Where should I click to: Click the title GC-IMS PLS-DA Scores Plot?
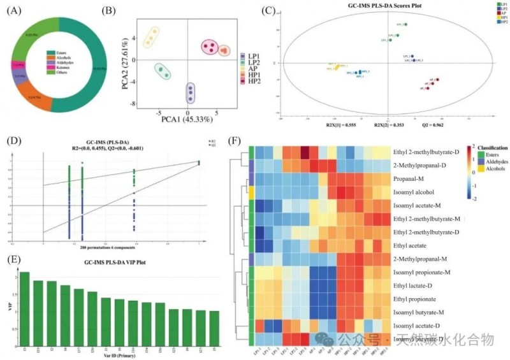(x=360, y=6)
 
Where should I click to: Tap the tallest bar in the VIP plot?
(x=24, y=299)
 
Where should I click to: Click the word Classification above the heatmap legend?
(x=489, y=148)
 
